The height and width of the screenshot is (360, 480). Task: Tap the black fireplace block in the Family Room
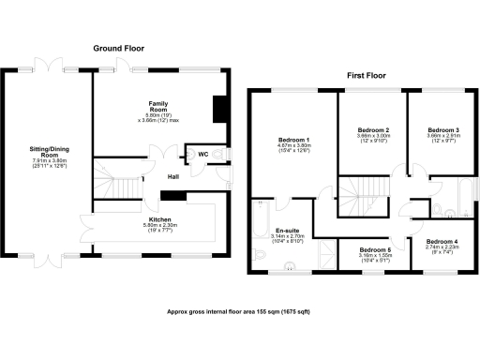(218, 110)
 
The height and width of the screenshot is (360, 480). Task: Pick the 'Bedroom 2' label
(373, 129)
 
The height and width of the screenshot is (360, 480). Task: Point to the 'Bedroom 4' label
(443, 240)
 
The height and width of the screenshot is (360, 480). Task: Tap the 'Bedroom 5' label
(373, 250)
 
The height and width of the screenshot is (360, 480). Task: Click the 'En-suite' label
(286, 231)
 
